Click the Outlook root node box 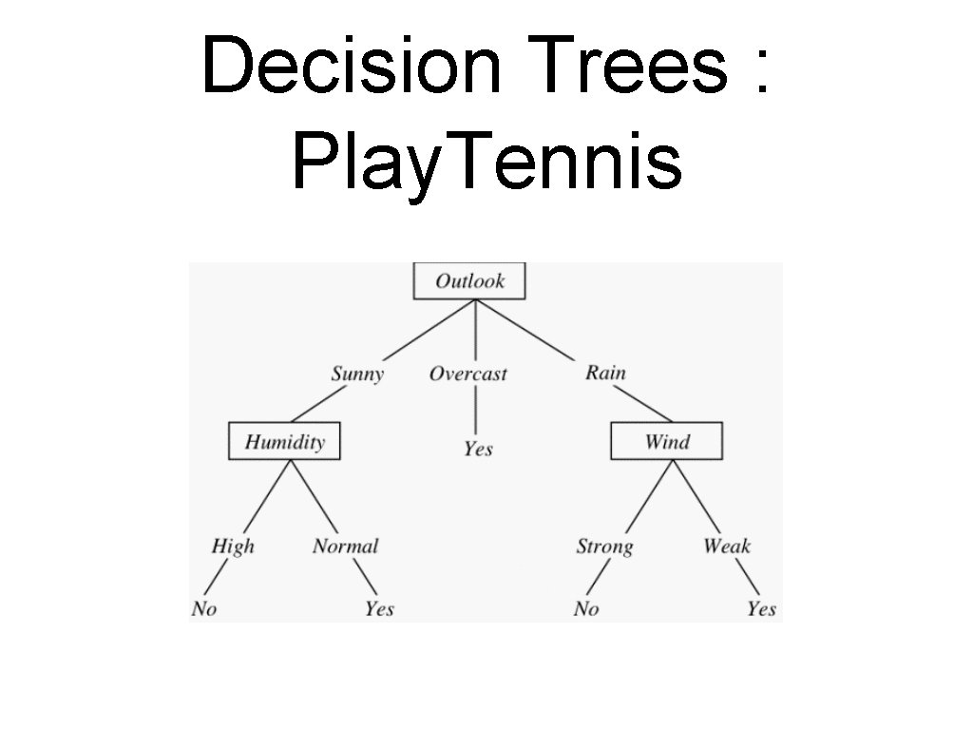point(469,281)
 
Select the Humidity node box point(284,442)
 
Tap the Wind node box point(666,442)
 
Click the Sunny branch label point(357,374)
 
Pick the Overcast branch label point(468,374)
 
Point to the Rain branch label point(605,372)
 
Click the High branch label point(233,546)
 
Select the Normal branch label point(345,546)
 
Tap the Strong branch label point(604,547)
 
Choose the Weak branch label point(727,546)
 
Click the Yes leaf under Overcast point(478,448)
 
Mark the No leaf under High point(204,609)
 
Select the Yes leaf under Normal point(379,609)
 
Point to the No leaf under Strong point(586,609)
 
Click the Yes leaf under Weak point(761,609)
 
